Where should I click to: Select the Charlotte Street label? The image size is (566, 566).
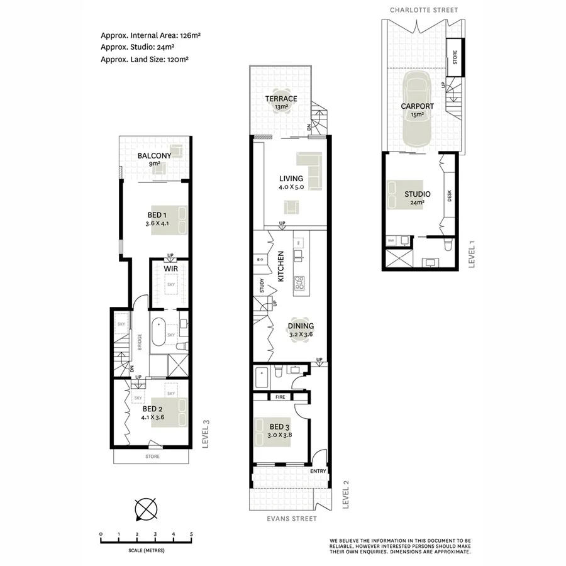tap(423, 10)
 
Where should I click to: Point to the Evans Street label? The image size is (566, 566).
tap(291, 519)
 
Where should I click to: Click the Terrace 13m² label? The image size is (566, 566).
tap(280, 103)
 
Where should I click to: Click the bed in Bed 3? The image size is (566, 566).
tap(272, 433)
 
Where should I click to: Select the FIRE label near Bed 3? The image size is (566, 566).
tap(280, 397)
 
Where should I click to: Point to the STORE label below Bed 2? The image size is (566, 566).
tap(152, 457)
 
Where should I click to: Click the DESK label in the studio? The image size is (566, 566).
tap(449, 197)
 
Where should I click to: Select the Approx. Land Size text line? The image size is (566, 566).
tap(145, 59)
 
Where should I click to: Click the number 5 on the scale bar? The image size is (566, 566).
tap(191, 534)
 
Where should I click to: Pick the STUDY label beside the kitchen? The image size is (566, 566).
tap(262, 286)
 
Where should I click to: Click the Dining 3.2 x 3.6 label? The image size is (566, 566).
tap(301, 330)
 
